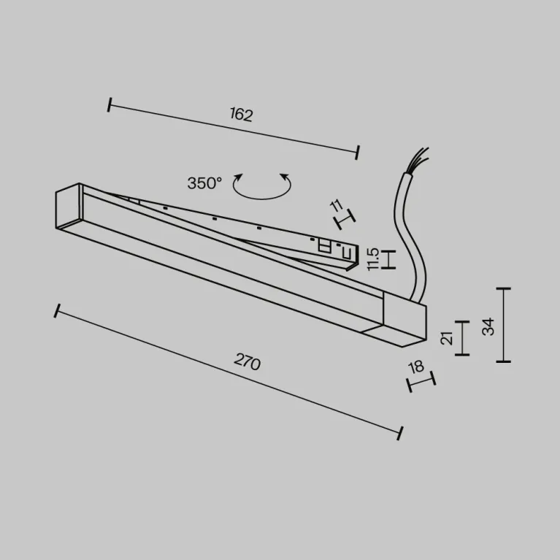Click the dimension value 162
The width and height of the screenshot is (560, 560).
pos(242,115)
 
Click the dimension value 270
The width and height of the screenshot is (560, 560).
pos(247,362)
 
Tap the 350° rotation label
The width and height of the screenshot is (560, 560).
pos(204,183)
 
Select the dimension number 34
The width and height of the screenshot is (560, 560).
pos(488,326)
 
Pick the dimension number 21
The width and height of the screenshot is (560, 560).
pos(447,338)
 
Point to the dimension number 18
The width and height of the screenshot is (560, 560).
pos(416,367)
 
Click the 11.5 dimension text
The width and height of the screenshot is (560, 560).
pos(372,259)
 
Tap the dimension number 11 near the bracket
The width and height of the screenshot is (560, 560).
pos(337,206)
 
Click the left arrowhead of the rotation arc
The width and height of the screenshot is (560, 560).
pos(238,177)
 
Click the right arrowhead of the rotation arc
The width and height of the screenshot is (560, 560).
pos(285,177)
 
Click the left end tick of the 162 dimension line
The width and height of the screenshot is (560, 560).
pos(110,104)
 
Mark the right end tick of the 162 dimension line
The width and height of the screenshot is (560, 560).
pos(357,153)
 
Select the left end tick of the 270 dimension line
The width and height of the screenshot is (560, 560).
pos(57,311)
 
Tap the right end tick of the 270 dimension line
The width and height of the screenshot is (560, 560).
pos(400,433)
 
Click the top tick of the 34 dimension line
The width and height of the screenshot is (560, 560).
pos(503,288)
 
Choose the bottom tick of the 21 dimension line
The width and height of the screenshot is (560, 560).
pos(462,355)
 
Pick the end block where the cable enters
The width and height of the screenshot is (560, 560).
pos(404,319)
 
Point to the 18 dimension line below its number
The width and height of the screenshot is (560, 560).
pos(421,382)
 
